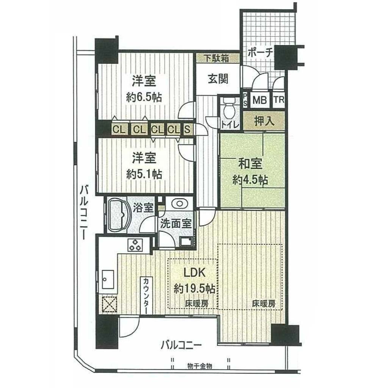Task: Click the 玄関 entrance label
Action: [218, 79]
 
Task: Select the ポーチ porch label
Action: [260, 53]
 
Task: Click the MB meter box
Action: [260, 100]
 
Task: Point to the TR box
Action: [279, 100]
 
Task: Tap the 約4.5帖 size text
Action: [250, 180]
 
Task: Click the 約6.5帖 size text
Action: [144, 97]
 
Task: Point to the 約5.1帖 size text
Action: [144, 174]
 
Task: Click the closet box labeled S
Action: [187, 129]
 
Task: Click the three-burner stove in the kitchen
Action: [135, 244]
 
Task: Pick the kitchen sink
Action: [108, 279]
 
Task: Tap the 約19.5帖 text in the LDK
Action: [194, 288]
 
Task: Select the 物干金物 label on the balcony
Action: [199, 366]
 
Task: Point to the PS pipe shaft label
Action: [245, 100]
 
